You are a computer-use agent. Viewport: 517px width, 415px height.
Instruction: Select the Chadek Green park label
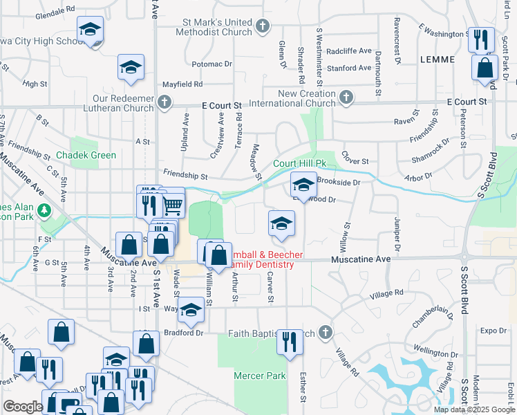[86, 155]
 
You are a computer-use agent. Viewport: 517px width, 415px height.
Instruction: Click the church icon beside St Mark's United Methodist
[262, 27]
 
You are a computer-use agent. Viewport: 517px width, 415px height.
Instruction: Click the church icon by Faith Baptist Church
[323, 333]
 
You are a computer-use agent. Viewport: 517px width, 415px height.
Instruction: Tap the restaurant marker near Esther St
[290, 341]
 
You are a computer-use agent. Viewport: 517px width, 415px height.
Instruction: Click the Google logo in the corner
[22, 406]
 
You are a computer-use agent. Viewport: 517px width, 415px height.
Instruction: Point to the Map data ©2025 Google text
[474, 409]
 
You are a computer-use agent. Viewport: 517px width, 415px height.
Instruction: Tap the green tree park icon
[46, 209]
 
